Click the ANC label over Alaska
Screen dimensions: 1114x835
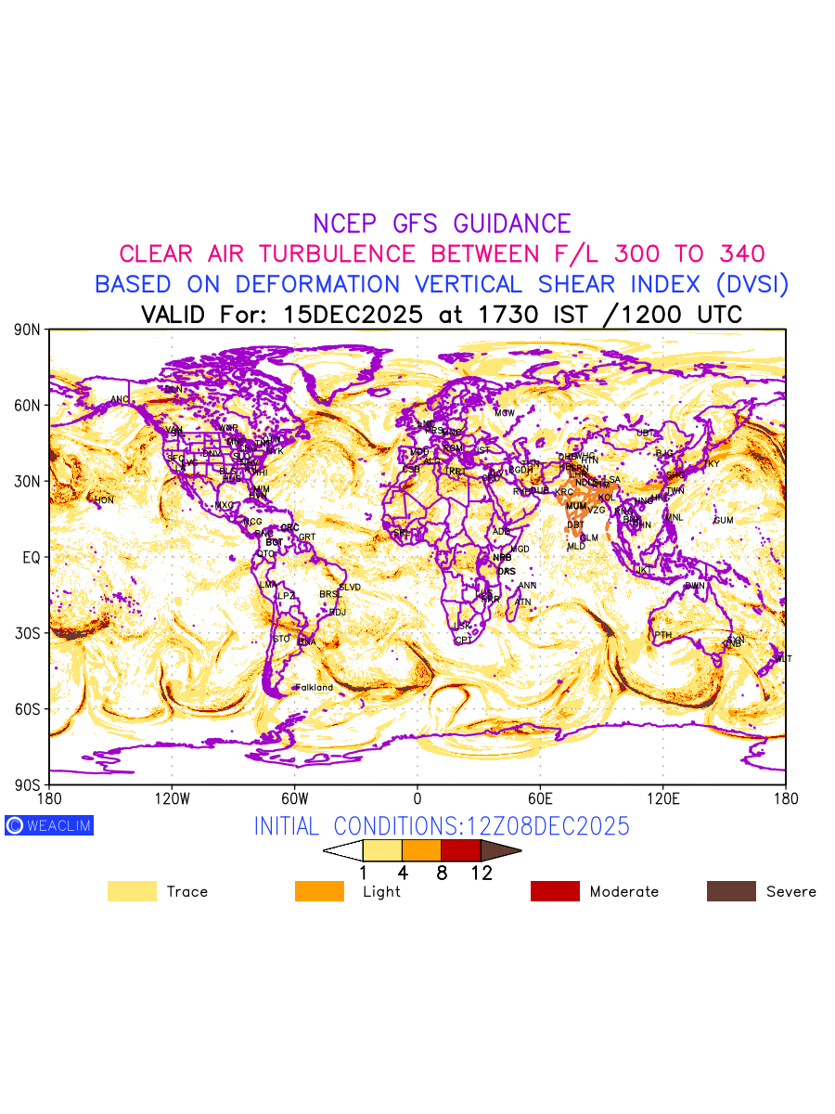120,400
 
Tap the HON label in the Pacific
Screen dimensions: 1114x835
104,500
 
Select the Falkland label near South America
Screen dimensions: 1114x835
314,688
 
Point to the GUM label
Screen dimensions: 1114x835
724,521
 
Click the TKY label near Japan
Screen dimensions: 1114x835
711,464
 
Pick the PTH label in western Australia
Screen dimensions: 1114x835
662,636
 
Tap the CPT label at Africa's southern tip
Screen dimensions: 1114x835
463,641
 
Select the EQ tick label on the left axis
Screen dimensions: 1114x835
31,557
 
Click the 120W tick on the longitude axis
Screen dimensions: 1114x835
172,798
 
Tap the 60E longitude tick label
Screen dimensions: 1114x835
540,798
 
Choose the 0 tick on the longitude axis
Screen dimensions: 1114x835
417,798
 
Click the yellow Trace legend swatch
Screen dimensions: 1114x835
132,891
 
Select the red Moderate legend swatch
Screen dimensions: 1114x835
555,891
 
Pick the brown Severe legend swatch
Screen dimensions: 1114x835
731,891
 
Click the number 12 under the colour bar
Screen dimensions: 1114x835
481,873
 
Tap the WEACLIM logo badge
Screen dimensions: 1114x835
49,825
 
